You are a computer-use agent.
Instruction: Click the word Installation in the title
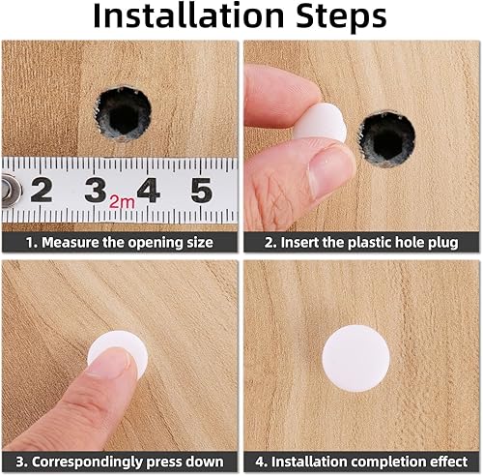[188, 15]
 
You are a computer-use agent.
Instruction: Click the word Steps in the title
[341, 16]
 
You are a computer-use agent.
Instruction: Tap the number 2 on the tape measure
[42, 191]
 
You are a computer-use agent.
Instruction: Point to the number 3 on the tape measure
[96, 191]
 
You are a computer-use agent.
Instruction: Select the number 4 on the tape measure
[149, 191]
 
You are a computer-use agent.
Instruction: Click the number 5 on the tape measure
[201, 191]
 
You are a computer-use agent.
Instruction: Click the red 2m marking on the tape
[122, 202]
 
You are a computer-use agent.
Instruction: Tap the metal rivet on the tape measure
[11, 191]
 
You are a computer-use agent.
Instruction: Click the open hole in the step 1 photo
[124, 113]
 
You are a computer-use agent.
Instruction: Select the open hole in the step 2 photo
[387, 139]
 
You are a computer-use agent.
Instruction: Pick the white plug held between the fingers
[322, 123]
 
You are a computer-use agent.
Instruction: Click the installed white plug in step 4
[355, 358]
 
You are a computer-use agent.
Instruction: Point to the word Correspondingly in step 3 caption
[87, 461]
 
